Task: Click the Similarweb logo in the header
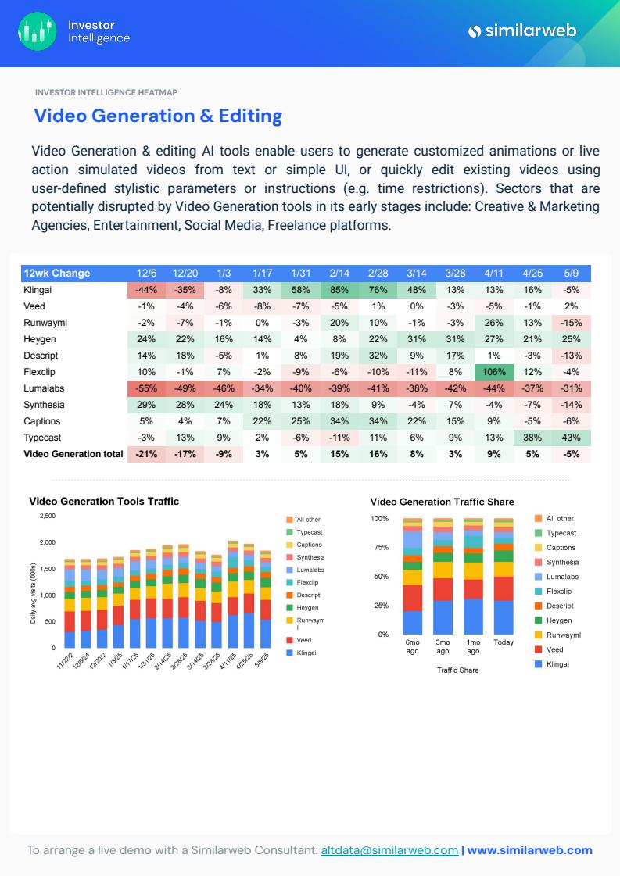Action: point(521,31)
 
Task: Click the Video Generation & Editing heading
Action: point(158,116)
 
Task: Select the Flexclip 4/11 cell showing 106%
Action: point(493,372)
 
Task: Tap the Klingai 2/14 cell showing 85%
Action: point(339,290)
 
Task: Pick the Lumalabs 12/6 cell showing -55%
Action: point(146,388)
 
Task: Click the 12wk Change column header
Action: point(57,274)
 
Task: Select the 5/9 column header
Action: point(571,274)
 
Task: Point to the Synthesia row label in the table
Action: point(44,405)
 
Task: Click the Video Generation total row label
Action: point(73,454)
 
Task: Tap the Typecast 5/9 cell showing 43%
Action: point(571,438)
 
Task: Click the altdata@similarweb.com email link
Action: point(389,850)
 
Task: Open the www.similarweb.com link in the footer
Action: point(529,850)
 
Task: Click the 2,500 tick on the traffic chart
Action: point(47,517)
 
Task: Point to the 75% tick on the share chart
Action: point(380,548)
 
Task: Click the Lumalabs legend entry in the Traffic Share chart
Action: point(561,577)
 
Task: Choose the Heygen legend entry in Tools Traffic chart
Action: point(307,608)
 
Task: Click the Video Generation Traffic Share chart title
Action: point(442,502)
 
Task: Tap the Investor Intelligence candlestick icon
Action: point(37,31)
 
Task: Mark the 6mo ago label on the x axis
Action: point(412,646)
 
